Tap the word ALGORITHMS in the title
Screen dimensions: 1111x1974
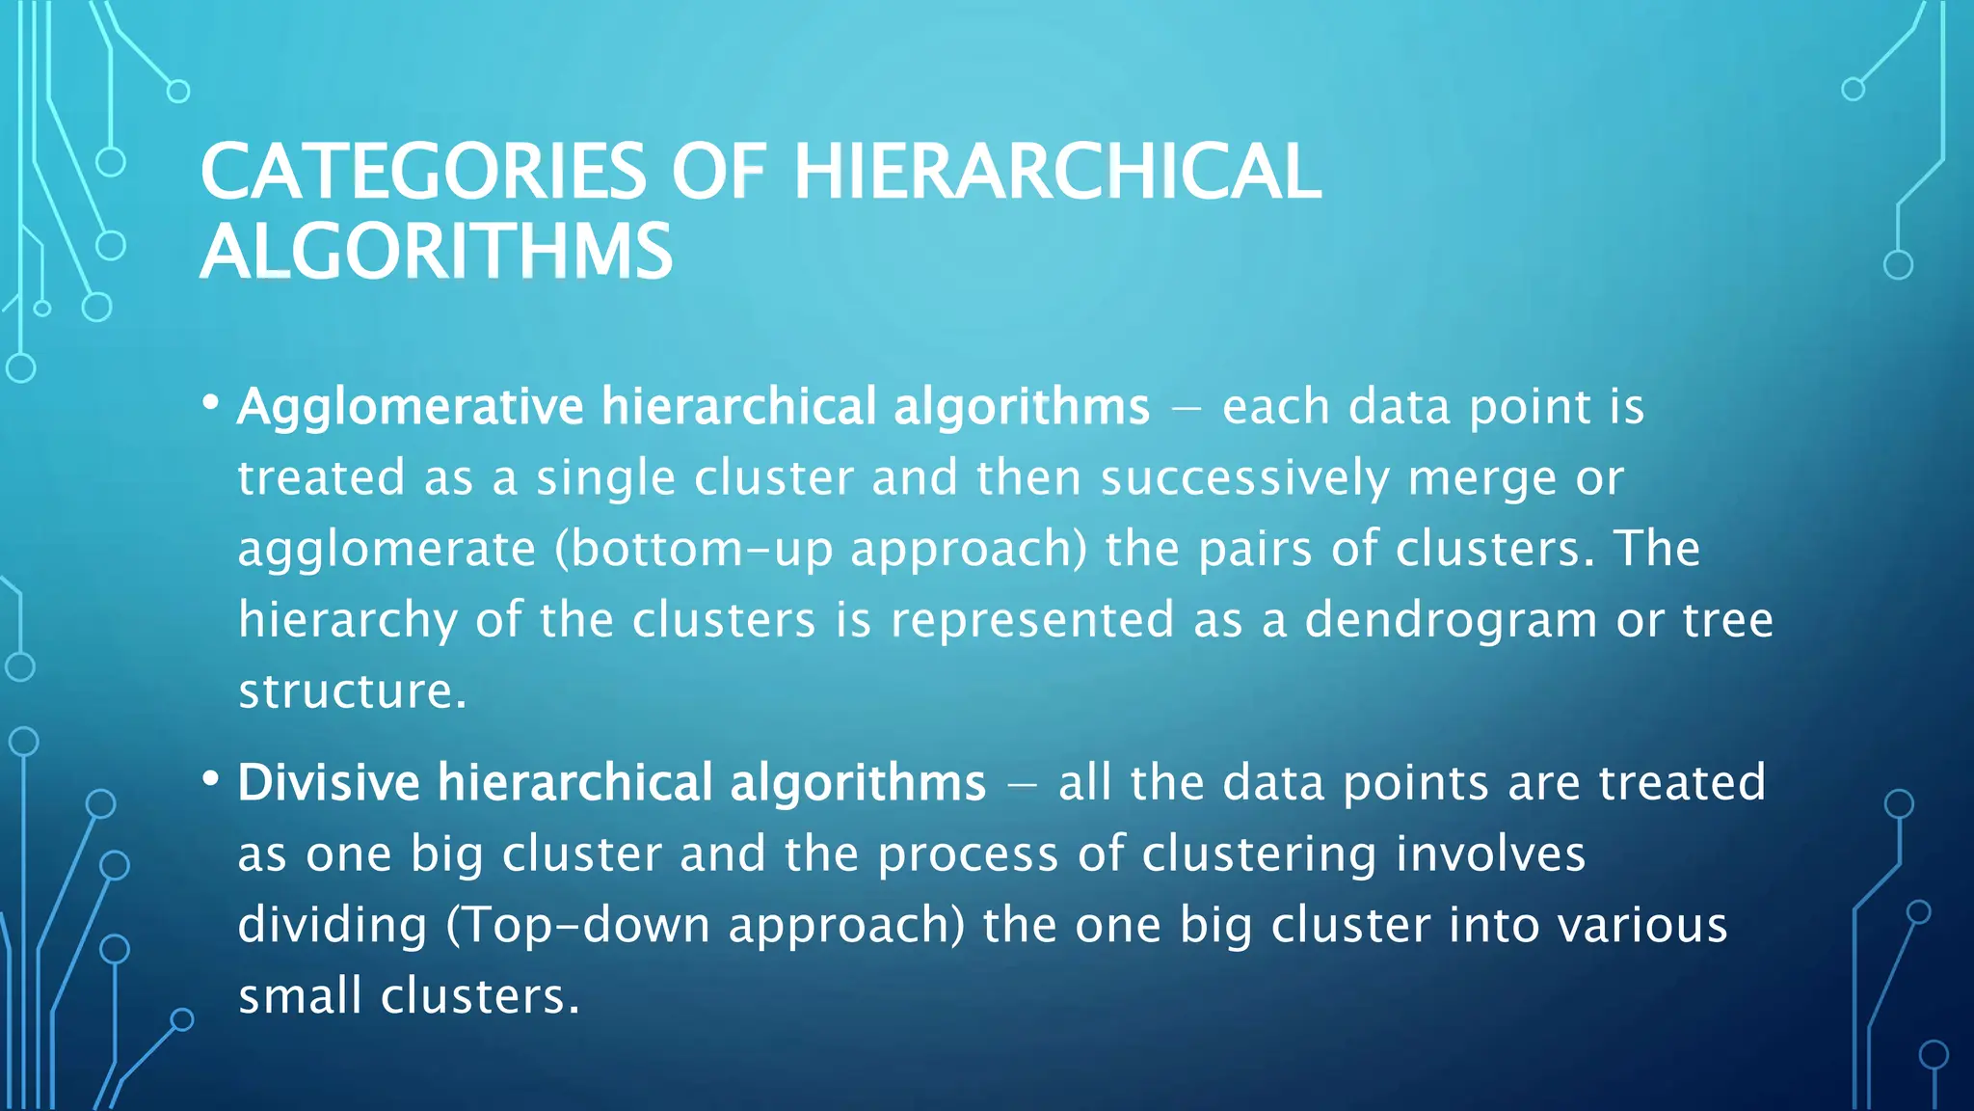coord(436,252)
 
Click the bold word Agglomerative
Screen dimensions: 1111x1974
coord(411,407)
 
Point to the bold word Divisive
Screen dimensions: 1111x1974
coord(329,782)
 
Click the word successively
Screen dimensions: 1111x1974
coord(1245,478)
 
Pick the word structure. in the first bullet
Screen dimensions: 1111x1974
coord(353,691)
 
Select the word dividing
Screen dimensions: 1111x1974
coord(333,925)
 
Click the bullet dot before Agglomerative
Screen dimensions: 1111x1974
coord(211,403)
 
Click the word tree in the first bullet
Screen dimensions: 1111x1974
coord(1727,620)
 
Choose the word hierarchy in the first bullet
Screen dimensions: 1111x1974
coord(348,620)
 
